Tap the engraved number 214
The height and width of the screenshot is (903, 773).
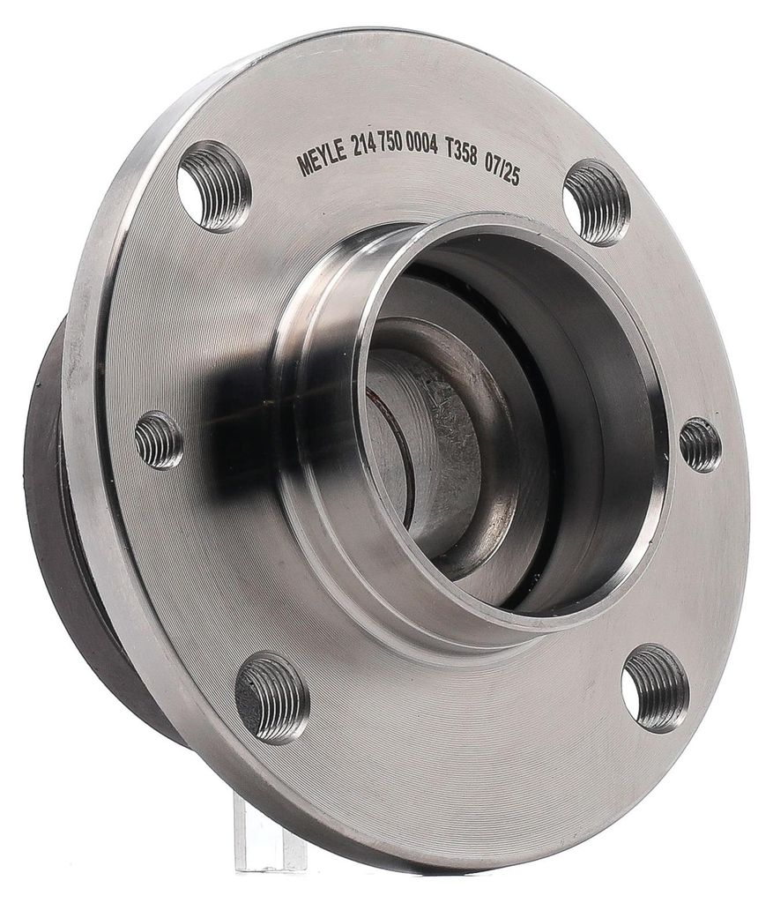tap(364, 153)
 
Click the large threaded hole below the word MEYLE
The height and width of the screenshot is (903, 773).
tap(213, 186)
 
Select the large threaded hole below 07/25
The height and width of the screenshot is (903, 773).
tap(596, 203)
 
